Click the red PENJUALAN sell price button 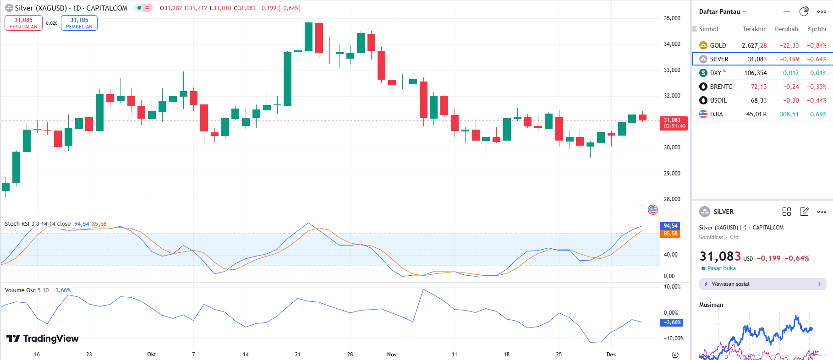pyautogui.click(x=23, y=23)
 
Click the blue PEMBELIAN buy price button pyautogui.click(x=79, y=23)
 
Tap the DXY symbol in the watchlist pyautogui.click(x=715, y=73)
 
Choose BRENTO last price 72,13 pyautogui.click(x=758, y=87)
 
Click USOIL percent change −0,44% pyautogui.click(x=817, y=100)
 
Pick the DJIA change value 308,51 pyautogui.click(x=789, y=114)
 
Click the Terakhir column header pyautogui.click(x=754, y=29)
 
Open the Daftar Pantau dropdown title pyautogui.click(x=723, y=11)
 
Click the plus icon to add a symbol pyautogui.click(x=787, y=11)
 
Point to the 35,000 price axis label pyautogui.click(x=672, y=18)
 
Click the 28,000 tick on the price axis pyautogui.click(x=672, y=199)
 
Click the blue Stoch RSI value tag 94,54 pyautogui.click(x=670, y=226)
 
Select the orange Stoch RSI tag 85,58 pyautogui.click(x=670, y=234)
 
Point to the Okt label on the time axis pyautogui.click(x=152, y=355)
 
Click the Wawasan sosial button pyautogui.click(x=762, y=284)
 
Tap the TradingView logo pyautogui.click(x=43, y=338)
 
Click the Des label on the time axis pyautogui.click(x=611, y=355)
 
